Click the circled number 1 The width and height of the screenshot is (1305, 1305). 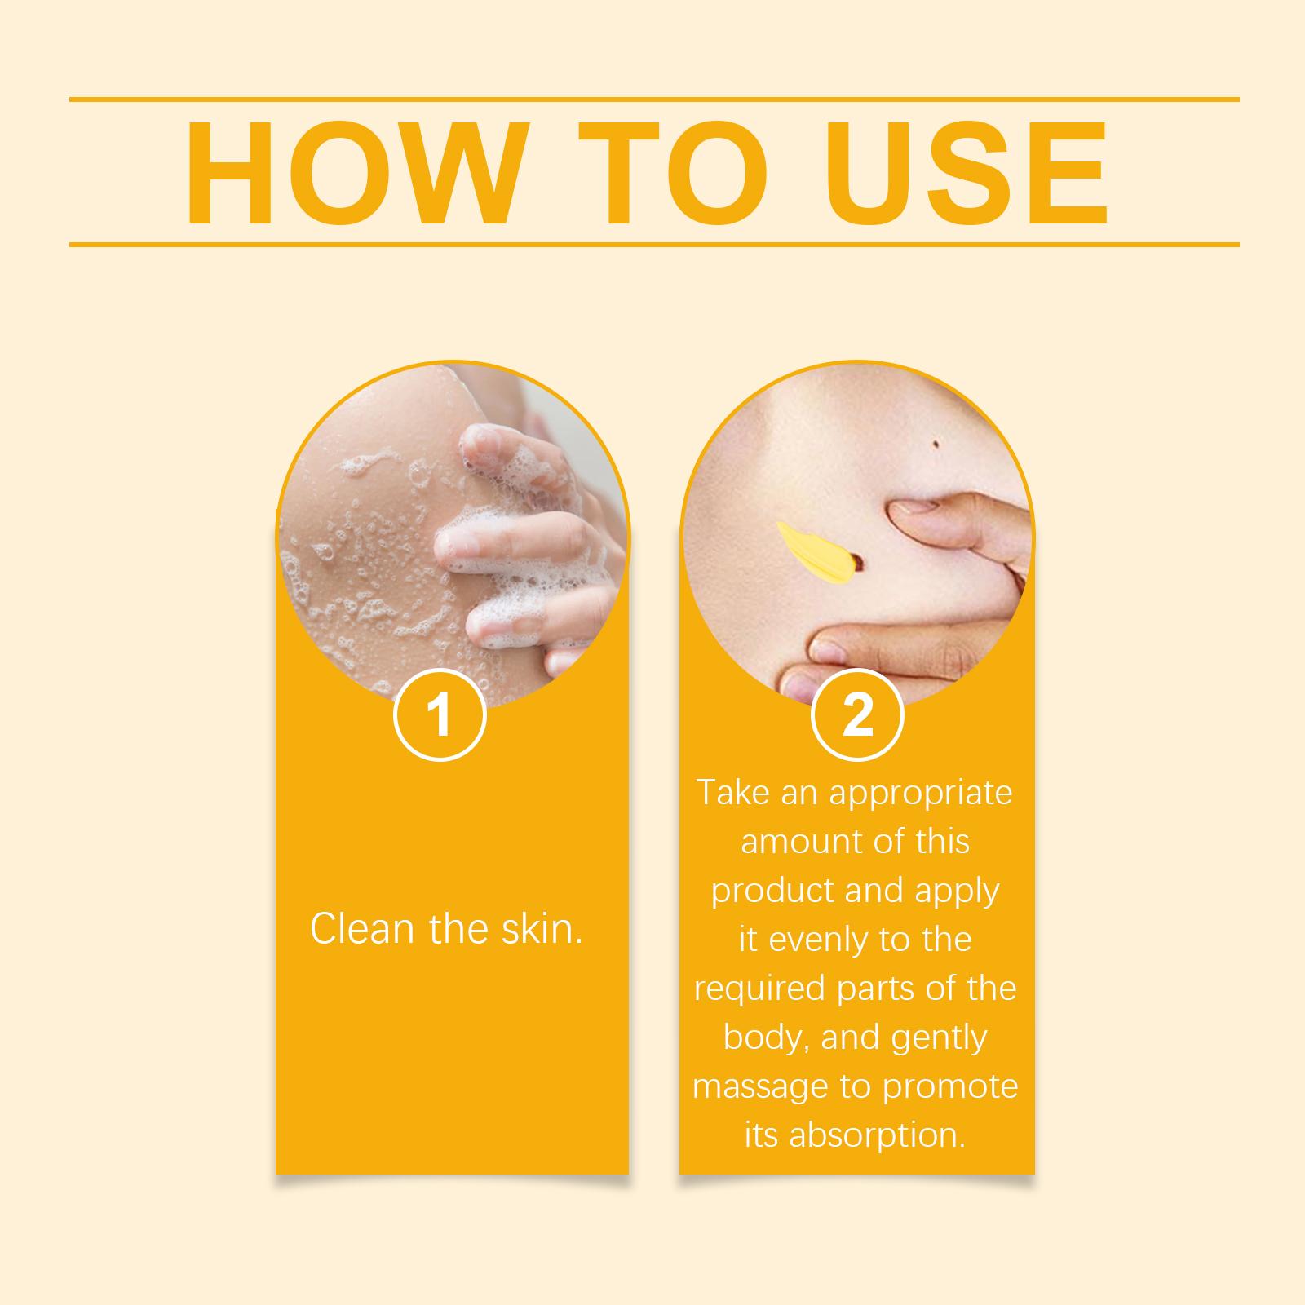click(x=440, y=715)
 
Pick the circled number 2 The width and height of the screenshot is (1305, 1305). click(x=857, y=715)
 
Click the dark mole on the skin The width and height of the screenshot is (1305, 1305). click(x=935, y=443)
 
